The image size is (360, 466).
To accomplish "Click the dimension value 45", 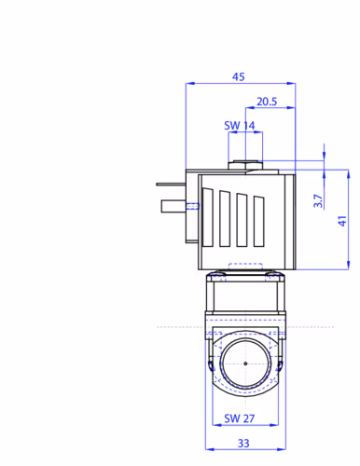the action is pos(239,76).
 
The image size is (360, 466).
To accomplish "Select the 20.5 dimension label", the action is pos(267,102).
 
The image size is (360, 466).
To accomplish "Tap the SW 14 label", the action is pos(240,126).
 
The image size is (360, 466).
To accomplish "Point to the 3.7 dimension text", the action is pos(318,201).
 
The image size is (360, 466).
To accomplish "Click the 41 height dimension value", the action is pos(342,221).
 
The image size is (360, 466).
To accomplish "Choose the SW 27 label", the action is pos(240,418).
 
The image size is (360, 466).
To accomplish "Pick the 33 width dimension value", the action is pos(243,444).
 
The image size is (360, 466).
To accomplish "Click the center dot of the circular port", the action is pos(245,363).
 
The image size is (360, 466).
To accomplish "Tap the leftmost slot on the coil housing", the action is pos(208,217).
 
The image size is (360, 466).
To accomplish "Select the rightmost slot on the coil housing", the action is pos(259,221).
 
